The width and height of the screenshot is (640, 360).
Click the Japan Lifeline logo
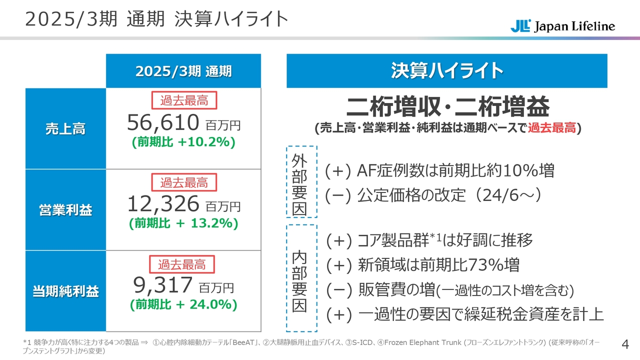(562, 26)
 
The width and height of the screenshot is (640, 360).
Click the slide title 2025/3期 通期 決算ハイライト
(156, 19)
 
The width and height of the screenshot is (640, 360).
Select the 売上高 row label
(65, 129)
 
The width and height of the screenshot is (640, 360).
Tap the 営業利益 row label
(65, 210)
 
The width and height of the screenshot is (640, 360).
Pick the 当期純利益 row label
(65, 291)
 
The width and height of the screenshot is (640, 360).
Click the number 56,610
(163, 121)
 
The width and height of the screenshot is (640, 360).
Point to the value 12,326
(163, 203)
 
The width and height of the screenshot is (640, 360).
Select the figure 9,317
(163, 284)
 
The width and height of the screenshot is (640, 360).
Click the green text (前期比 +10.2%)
(183, 142)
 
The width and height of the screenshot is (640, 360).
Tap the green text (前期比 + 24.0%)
(183, 304)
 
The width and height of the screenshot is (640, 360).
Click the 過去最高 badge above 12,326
(183, 182)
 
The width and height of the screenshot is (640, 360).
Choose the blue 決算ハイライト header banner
(446, 71)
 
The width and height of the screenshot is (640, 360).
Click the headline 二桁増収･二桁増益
(447, 107)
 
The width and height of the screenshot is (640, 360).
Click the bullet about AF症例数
(439, 171)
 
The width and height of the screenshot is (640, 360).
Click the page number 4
(624, 344)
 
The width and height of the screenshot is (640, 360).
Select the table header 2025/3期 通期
(183, 71)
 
